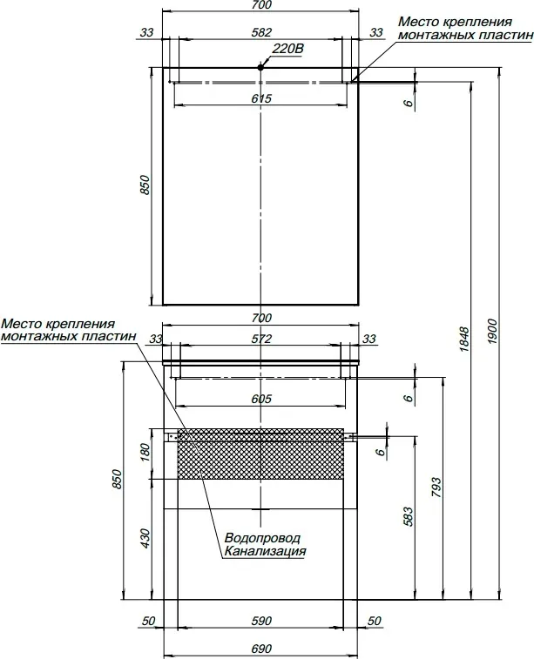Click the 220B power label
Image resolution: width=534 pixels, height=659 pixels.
287,49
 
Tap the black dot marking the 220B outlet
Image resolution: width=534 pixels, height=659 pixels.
260,67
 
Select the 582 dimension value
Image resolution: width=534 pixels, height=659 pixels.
261,32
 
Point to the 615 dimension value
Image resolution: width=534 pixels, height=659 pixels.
261,98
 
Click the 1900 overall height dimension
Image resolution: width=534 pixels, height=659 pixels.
493,331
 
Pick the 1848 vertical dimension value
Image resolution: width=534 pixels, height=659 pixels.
463,339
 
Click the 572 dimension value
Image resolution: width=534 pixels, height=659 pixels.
261,339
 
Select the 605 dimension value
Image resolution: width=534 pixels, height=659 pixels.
261,399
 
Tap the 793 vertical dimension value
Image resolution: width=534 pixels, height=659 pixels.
436,488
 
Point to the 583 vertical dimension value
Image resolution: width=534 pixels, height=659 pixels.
408,516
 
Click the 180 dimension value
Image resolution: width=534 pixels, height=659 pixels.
145,452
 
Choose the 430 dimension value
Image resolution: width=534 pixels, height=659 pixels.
145,538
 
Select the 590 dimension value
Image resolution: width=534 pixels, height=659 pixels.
261,621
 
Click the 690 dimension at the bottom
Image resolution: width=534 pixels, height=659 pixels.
261,649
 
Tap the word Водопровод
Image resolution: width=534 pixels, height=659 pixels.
262,538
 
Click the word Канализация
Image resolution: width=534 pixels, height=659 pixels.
265,551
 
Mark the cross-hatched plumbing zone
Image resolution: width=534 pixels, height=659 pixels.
260,454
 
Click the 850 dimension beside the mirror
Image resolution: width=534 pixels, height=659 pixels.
145,185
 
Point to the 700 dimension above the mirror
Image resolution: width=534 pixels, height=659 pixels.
261,5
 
